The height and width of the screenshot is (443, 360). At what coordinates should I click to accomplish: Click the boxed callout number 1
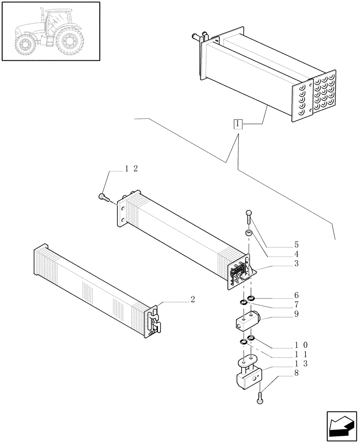click(x=239, y=124)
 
